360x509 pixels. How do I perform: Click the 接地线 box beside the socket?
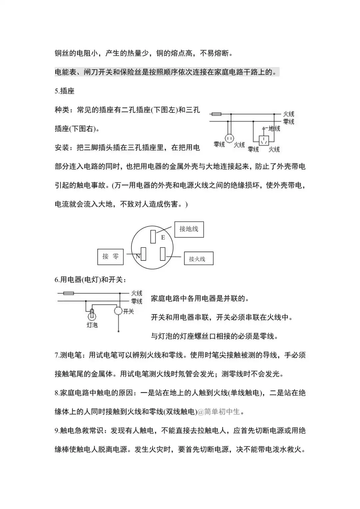pyautogui.click(x=189, y=229)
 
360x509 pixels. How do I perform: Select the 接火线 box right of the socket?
pyautogui.click(x=199, y=258)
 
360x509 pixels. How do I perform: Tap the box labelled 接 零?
pyautogui.click(x=110, y=256)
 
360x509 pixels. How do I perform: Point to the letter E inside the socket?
pyautogui.click(x=163, y=238)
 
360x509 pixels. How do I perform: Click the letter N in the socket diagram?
pyautogui.click(x=138, y=256)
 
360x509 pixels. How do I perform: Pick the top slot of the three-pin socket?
pyautogui.click(x=153, y=236)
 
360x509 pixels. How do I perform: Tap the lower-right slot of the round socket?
pyautogui.click(x=163, y=254)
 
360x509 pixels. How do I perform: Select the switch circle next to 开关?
pyautogui.click(x=118, y=311)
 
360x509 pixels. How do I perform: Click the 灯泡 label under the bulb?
pyautogui.click(x=92, y=325)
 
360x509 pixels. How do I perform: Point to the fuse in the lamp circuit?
pyautogui.click(x=68, y=293)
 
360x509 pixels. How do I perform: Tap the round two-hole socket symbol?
pyautogui.click(x=229, y=138)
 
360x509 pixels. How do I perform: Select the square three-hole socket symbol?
pyautogui.click(x=264, y=140)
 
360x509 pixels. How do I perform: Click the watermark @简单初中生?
pyautogui.click(x=219, y=412)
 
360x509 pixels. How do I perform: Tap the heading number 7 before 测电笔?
pyautogui.click(x=56, y=355)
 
